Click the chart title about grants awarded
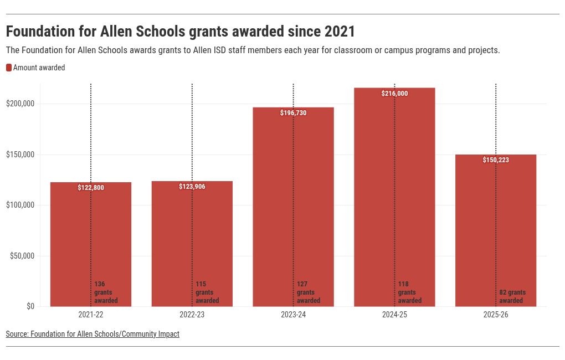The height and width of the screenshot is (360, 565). [x=181, y=31]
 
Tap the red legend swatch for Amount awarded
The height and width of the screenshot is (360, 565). [x=9, y=68]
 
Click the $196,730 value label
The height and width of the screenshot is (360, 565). [x=293, y=113]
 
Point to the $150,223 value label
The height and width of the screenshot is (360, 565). [x=496, y=160]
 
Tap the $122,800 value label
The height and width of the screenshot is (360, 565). [x=91, y=188]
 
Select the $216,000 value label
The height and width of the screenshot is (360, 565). [x=394, y=94]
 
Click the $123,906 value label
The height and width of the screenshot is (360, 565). [x=192, y=187]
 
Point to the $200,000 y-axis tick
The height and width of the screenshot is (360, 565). [x=20, y=104]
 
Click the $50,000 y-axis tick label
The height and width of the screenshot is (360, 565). [x=22, y=256]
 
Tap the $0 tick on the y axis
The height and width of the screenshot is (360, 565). [x=30, y=306]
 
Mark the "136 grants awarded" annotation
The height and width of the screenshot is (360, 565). [x=106, y=292]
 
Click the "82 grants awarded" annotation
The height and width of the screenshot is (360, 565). [x=512, y=296]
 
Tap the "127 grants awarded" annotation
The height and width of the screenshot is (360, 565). [x=309, y=292]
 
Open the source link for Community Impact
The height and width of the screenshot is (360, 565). [x=93, y=334]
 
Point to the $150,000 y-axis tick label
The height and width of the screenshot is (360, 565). [x=20, y=155]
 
